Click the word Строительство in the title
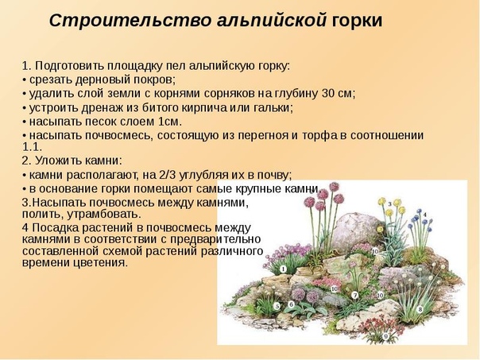[130, 21]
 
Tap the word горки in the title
[357, 21]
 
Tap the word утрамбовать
[104, 214]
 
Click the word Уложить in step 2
[57, 161]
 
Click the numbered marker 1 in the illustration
[283, 269]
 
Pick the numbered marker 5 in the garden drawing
[277, 306]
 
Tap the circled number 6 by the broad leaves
[291, 304]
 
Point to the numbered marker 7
[354, 296]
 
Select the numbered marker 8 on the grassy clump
[420, 309]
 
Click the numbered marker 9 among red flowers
[385, 336]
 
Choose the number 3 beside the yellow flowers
[389, 203]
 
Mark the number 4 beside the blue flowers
[425, 215]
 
